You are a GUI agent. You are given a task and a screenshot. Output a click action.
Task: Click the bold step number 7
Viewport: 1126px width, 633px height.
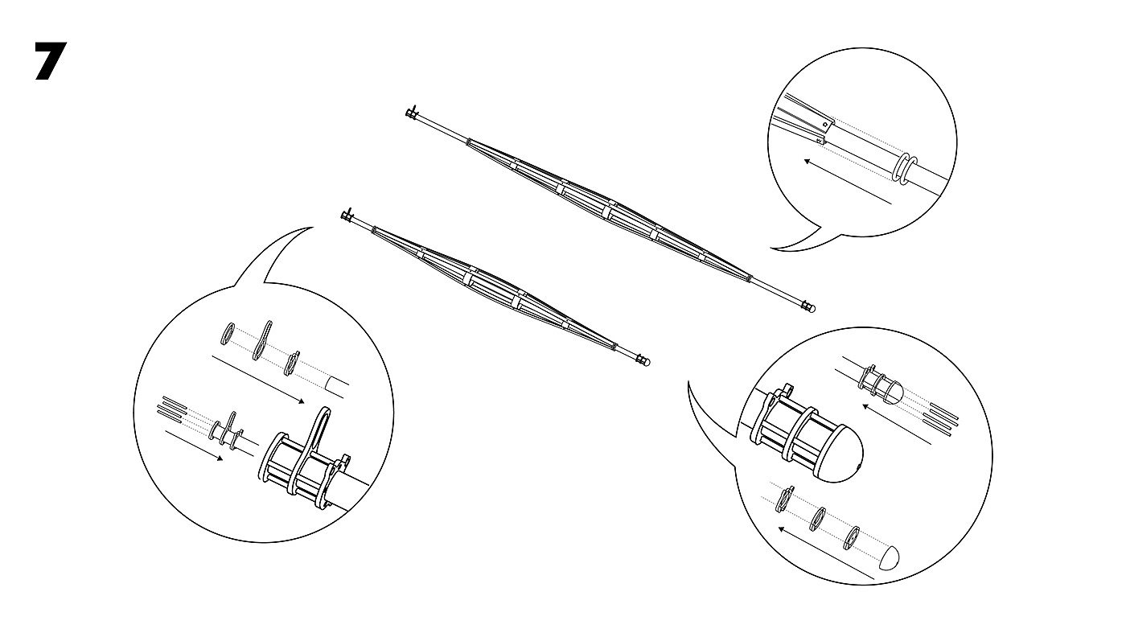pyautogui.click(x=50, y=61)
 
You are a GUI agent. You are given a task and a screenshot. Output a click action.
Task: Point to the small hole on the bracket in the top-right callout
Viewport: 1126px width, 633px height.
pyautogui.click(x=824, y=124)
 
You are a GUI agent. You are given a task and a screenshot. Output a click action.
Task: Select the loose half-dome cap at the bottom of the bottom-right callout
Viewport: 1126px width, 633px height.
pyautogui.click(x=889, y=557)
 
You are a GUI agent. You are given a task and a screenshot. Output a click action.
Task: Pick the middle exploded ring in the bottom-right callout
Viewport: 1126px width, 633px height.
pyautogui.click(x=819, y=520)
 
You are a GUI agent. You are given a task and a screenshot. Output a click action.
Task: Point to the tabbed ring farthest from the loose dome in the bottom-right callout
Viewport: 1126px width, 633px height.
pyautogui.click(x=785, y=499)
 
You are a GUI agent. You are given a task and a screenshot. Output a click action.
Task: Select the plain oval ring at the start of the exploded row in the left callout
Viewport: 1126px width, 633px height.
pyautogui.click(x=227, y=334)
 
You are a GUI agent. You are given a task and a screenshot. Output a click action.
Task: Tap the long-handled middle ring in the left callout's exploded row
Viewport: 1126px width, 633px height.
pyautogui.click(x=262, y=340)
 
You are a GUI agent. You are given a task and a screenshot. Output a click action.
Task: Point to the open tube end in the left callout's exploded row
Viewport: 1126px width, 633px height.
pyautogui.click(x=337, y=387)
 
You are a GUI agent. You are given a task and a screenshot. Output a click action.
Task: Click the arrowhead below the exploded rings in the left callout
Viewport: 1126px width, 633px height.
pyautogui.click(x=301, y=401)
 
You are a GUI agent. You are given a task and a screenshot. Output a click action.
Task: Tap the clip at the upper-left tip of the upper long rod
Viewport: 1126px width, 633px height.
pyautogui.click(x=412, y=112)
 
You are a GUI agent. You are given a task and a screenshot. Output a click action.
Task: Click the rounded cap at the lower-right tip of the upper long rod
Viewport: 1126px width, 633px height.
pyautogui.click(x=809, y=306)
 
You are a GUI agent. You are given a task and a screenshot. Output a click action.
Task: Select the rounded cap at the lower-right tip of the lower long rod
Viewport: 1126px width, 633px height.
pyautogui.click(x=643, y=360)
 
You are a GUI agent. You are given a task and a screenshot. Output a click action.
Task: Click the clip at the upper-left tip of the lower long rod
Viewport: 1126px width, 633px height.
pyautogui.click(x=347, y=216)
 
